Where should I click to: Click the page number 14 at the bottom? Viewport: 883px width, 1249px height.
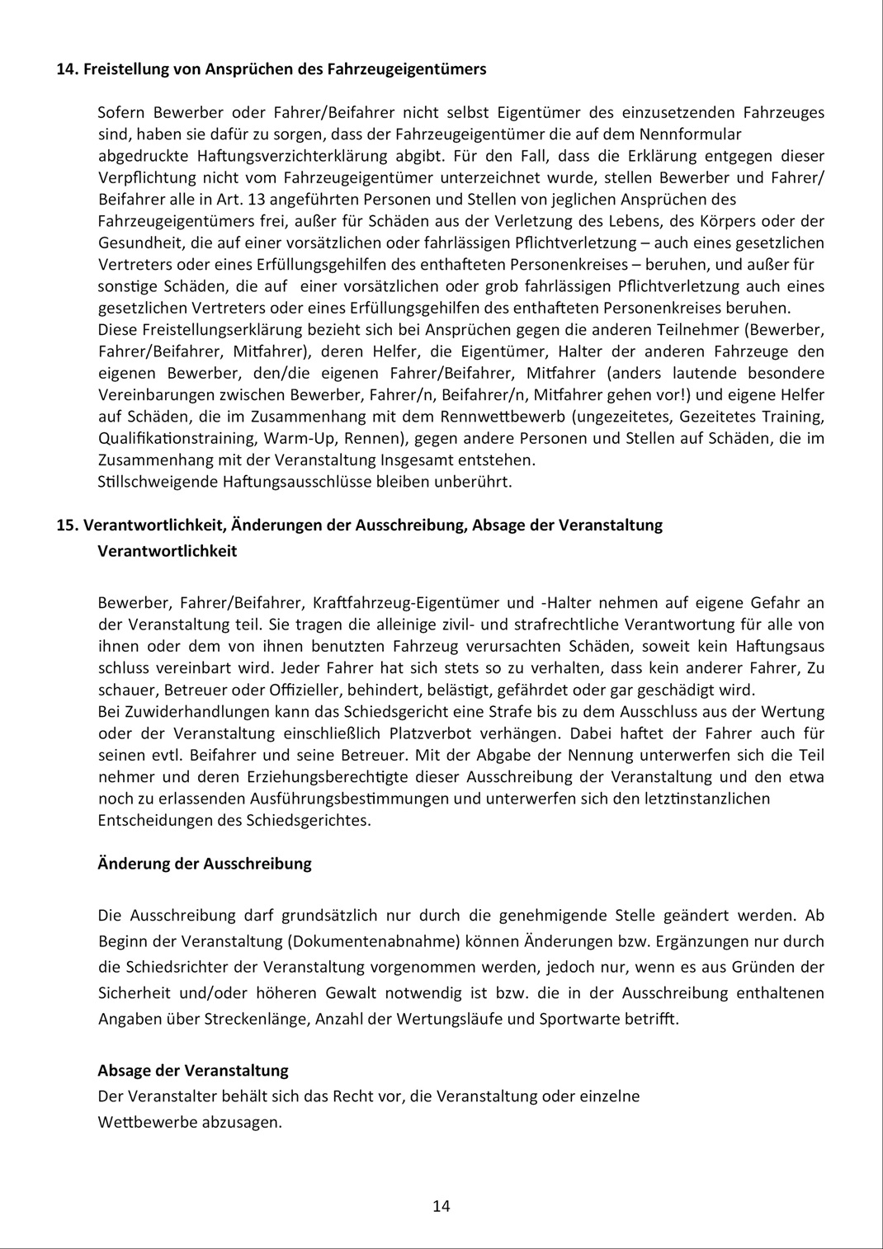tap(441, 1206)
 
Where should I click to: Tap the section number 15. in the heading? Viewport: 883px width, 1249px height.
tap(67, 525)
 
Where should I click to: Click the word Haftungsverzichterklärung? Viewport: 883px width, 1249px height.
tap(292, 155)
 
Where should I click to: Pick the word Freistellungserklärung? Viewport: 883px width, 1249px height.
tap(220, 329)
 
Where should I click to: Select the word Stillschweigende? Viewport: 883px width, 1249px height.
tap(157, 481)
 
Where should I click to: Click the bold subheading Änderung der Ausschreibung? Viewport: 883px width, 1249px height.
tap(205, 864)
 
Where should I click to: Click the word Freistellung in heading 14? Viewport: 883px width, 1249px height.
tap(125, 69)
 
